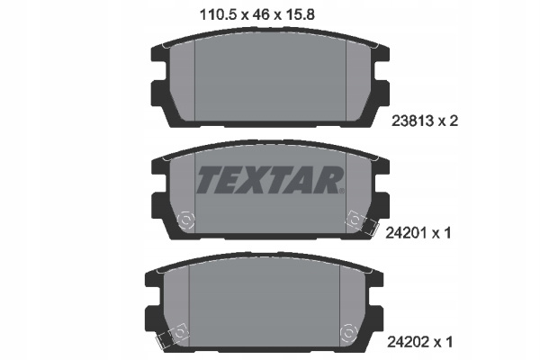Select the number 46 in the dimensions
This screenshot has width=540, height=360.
(x=261, y=14)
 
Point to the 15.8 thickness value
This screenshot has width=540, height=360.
(x=299, y=14)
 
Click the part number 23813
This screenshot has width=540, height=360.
(x=412, y=121)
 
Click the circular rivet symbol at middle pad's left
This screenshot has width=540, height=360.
(x=185, y=220)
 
